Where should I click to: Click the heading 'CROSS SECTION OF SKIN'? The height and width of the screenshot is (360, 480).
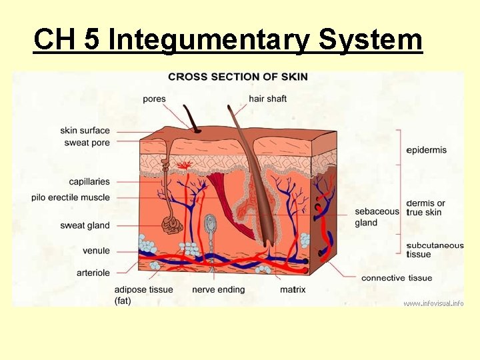[x=238, y=77]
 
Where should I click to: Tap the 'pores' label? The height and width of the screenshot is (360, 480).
[x=154, y=99]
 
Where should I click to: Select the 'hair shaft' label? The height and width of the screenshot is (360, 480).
[x=267, y=99]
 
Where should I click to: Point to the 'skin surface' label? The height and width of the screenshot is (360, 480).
[x=85, y=131]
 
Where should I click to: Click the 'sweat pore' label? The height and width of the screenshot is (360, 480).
[x=87, y=143]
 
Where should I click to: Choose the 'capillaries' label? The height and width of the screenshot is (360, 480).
[x=89, y=181]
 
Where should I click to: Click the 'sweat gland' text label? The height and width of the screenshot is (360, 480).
[x=85, y=225]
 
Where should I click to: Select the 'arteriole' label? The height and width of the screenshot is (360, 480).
[x=93, y=273]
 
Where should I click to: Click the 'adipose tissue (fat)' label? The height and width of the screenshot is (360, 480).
[x=143, y=294]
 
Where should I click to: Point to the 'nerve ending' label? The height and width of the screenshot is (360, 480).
[x=218, y=289]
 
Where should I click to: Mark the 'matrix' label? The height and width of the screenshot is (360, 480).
[x=293, y=289]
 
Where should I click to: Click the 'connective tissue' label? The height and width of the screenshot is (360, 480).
[x=397, y=278]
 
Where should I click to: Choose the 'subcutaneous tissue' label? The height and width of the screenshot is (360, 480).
[x=434, y=249]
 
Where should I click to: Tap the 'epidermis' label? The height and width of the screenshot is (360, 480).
[x=426, y=150]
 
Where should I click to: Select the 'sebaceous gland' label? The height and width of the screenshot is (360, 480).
[x=377, y=217]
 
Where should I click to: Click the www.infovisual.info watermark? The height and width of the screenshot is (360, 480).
[x=433, y=303]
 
